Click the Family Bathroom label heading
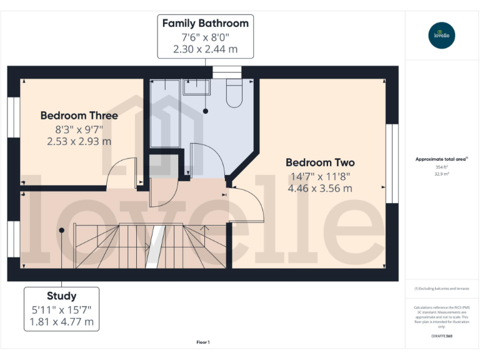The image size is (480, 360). [205, 24]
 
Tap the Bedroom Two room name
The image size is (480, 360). [320, 162]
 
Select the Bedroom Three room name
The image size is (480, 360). [79, 116]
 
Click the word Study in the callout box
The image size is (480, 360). [61, 296]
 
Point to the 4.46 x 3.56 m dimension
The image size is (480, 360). [320, 187]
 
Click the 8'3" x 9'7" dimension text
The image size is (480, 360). [79, 129]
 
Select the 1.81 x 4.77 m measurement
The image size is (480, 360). [61, 322]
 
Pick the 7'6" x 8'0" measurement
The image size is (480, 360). [205, 37]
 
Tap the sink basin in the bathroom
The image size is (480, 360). [196, 87]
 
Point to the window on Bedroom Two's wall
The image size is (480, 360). [392, 163]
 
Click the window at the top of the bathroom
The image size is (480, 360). [226, 72]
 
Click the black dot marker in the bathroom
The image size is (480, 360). [205, 111]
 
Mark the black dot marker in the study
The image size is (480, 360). [61, 230]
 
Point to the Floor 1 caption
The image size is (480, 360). [202, 342]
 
